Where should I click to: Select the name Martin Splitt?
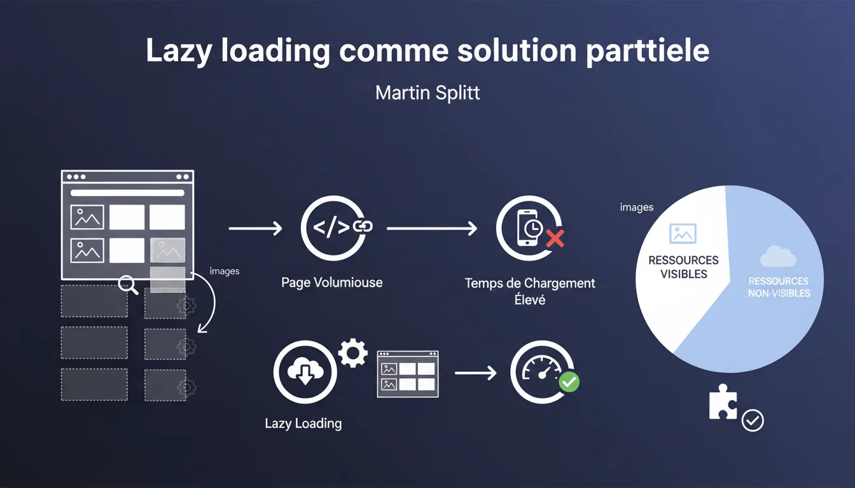point(427,93)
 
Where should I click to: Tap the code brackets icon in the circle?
point(331,227)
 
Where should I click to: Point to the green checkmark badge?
point(568,381)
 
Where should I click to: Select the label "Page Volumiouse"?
point(332,282)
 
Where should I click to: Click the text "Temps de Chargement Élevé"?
point(530,290)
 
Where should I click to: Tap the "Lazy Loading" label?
point(303,423)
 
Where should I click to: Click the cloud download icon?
point(304,372)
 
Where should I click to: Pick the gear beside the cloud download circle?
point(352,353)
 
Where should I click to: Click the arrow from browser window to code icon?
point(254,228)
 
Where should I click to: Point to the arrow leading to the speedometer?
point(475,373)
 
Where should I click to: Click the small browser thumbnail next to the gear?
point(408,374)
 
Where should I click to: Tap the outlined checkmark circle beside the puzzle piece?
point(753,420)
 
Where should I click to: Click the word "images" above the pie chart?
point(636,207)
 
